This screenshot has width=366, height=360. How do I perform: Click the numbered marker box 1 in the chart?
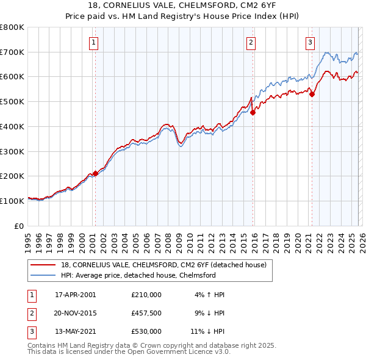(93, 42)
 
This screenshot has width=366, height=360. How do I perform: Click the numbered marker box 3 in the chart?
(310, 42)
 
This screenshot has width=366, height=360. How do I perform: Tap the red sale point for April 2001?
(95, 173)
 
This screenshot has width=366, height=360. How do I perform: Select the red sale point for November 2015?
(253, 112)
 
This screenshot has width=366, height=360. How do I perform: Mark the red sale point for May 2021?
(312, 94)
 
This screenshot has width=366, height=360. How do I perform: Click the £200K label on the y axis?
(12, 176)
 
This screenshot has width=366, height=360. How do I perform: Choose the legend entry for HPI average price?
(138, 275)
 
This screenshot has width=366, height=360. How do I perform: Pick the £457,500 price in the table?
(146, 312)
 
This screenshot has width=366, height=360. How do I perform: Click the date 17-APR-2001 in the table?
(75, 294)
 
